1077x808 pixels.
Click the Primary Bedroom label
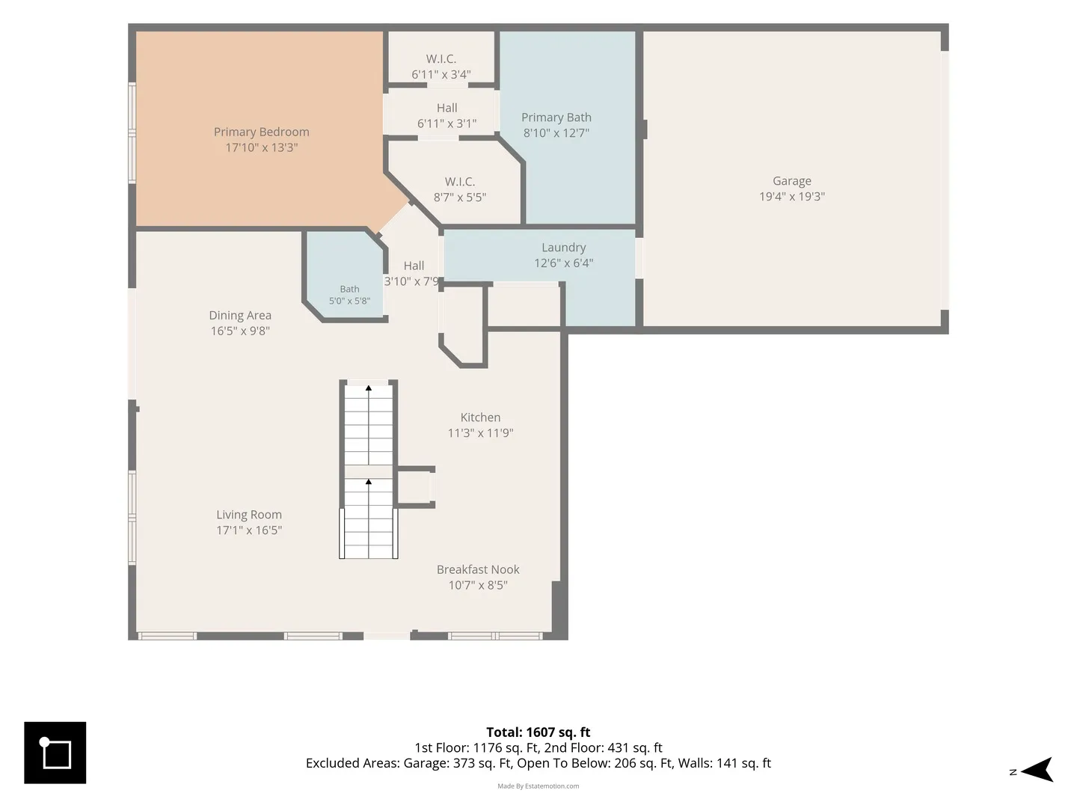point(261,132)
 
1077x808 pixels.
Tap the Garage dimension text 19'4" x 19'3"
point(791,197)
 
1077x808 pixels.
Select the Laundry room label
point(563,248)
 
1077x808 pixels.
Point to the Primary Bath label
point(556,117)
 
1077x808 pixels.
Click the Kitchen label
point(480,417)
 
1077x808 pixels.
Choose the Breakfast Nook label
point(478,569)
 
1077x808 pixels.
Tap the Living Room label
point(249,515)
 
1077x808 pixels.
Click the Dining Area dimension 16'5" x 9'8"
point(240,331)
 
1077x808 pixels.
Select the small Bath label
point(349,290)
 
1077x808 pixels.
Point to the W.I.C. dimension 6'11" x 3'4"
point(441,75)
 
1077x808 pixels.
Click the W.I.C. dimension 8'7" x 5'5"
point(460,198)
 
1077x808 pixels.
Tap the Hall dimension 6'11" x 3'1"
point(447,123)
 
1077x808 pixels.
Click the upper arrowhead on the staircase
point(369,388)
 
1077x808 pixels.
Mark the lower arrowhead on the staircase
point(369,483)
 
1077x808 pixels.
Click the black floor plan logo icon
point(55,753)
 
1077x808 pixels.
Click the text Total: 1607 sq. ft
point(538,732)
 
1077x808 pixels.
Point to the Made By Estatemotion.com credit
point(538,786)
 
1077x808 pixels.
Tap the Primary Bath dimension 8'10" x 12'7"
point(556,133)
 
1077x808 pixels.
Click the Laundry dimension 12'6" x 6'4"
point(563,263)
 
